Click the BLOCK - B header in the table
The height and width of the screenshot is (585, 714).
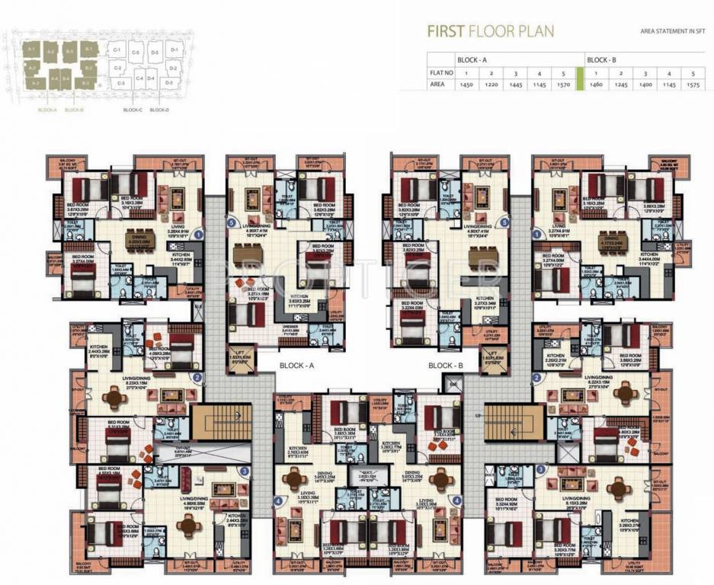601,59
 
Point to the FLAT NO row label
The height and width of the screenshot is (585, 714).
441,73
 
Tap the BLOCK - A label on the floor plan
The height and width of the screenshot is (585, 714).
296,366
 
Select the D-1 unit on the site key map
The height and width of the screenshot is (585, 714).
174,50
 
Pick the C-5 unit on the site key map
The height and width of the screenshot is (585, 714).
135,53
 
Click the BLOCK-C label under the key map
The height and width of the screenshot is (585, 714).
133,110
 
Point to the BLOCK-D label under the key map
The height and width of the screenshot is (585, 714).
159,110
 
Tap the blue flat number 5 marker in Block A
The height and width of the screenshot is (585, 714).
232,223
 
